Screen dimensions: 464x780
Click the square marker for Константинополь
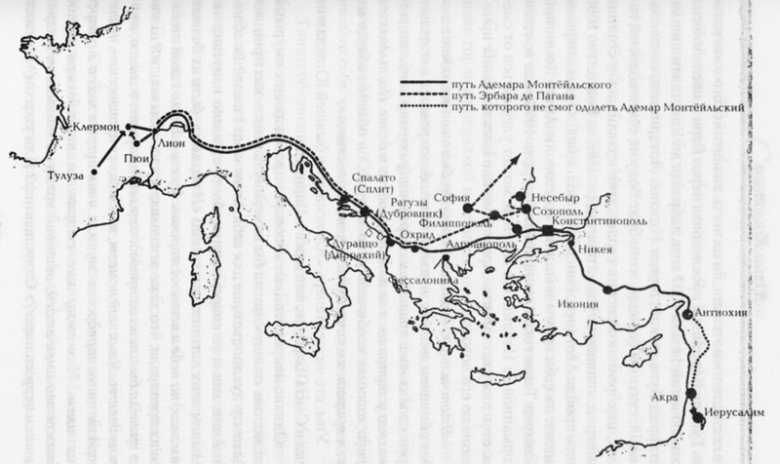[547, 231]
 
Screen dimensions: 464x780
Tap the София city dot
[468, 208]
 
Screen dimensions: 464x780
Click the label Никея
[598, 249]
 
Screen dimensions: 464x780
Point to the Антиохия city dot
[688, 314]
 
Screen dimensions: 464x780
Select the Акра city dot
[690, 394]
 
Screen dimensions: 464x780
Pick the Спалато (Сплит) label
[371, 183]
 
